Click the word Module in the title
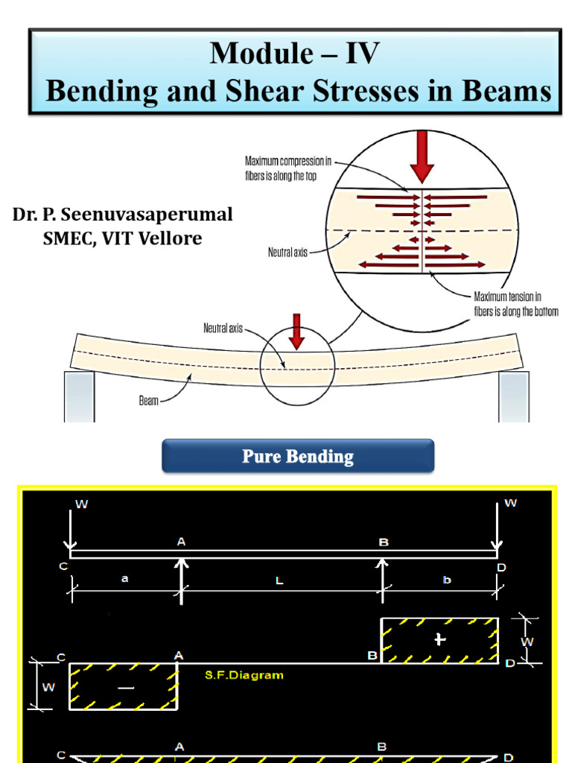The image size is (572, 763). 261,53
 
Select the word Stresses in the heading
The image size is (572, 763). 365,90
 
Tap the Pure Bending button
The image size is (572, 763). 298,456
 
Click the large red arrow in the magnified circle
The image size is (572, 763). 422,156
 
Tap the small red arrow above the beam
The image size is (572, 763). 296,332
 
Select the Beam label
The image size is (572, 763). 149,400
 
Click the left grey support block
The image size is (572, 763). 79,396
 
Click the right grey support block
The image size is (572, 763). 514,396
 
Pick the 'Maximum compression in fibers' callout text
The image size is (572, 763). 288,168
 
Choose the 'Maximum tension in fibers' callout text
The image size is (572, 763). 516,304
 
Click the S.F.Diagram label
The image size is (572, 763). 244,675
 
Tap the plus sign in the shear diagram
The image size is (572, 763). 439,639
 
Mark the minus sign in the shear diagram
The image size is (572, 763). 126,688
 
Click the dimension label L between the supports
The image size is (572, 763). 279,580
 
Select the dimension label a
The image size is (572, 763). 125,578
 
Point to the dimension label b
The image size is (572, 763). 447,580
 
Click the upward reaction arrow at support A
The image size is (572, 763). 182,581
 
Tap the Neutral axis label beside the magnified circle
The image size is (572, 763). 287,252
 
